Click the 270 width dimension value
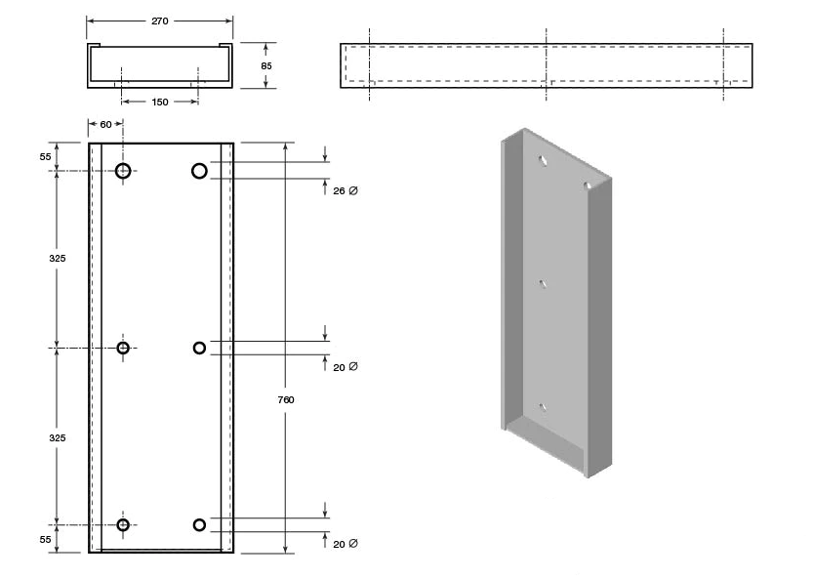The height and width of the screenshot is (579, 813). (x=160, y=21)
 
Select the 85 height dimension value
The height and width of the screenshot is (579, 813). (x=266, y=65)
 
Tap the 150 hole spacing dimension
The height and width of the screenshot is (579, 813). (x=160, y=103)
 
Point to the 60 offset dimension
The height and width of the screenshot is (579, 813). (x=105, y=125)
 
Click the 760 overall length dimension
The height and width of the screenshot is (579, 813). (x=286, y=399)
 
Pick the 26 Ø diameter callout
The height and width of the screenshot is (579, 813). (x=346, y=191)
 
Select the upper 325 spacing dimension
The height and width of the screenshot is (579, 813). (x=57, y=259)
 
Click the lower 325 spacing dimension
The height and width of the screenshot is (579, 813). (x=57, y=437)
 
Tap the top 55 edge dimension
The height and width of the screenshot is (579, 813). (x=46, y=156)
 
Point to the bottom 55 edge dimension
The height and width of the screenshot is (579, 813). (x=46, y=540)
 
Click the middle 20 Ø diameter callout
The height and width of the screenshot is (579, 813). (x=346, y=367)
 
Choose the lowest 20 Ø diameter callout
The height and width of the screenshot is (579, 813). (x=346, y=544)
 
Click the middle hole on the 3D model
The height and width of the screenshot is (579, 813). (x=543, y=283)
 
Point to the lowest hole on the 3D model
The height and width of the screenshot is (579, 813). (x=543, y=407)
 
